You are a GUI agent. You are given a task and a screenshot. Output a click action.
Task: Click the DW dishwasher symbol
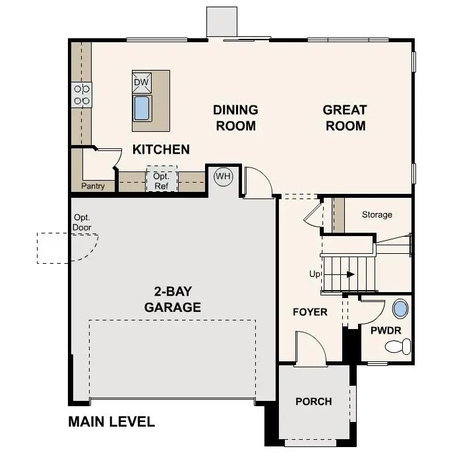point(142,82)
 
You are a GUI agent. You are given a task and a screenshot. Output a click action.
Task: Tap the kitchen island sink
point(142,107)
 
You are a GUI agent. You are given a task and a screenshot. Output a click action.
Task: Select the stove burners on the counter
point(82,95)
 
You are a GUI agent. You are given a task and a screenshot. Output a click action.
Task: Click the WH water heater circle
point(223,176)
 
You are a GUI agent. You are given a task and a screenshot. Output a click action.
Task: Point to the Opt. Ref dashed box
point(162,181)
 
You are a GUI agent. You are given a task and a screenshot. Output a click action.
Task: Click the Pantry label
point(93,186)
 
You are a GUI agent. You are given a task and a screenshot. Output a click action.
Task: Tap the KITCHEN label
point(161,150)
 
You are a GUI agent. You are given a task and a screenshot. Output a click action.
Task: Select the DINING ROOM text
point(235,117)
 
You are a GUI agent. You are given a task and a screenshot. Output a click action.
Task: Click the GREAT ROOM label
point(345,117)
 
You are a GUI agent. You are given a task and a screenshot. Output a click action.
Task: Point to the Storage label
point(377,214)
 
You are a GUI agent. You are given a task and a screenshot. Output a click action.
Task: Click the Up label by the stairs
point(315,274)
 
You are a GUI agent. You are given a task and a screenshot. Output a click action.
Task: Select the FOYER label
point(310,312)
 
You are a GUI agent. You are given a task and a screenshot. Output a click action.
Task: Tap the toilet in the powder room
point(398,346)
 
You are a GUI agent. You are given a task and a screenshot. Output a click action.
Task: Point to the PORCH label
point(313,402)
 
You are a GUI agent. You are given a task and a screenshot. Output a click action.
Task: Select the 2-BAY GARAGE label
point(173,299)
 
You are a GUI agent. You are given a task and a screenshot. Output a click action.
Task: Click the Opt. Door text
point(82,222)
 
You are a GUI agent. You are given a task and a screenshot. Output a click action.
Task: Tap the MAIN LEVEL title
point(111,422)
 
